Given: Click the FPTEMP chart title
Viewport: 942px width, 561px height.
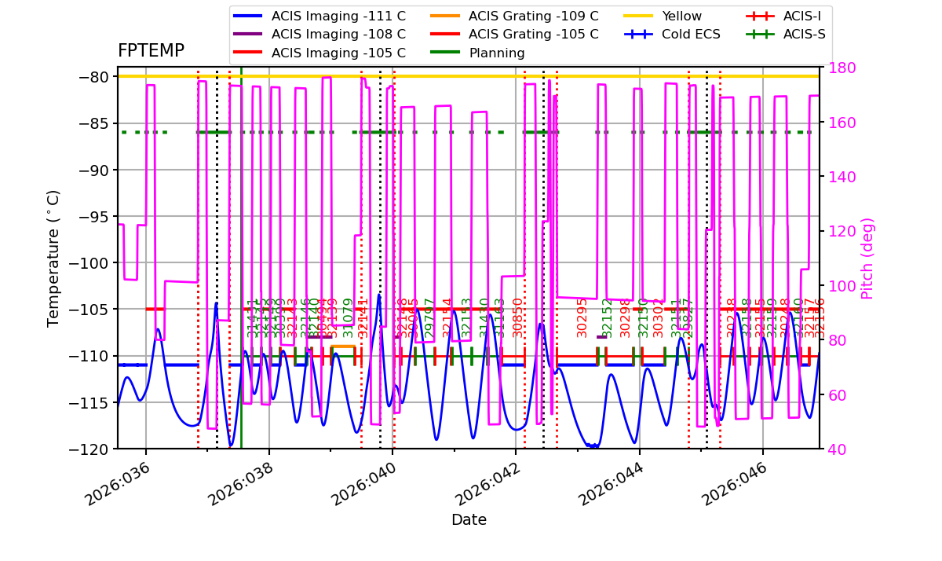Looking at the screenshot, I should (x=151, y=51).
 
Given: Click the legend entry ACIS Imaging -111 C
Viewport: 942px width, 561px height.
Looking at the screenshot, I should (x=338, y=16).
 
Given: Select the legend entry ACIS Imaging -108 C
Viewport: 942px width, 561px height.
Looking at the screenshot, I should (x=338, y=35).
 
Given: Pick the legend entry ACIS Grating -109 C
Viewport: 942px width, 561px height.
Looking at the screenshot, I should (x=533, y=16).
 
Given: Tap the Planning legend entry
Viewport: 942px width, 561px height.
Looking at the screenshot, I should (x=496, y=53).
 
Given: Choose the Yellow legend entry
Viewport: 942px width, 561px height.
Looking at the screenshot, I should (x=681, y=16).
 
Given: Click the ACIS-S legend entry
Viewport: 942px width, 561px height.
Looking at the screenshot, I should (x=802, y=35).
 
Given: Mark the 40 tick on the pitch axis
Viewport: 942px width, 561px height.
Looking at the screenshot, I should (x=833, y=449).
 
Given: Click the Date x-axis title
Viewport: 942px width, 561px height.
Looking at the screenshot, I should (x=469, y=520).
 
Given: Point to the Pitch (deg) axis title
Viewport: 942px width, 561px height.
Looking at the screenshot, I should (x=867, y=258).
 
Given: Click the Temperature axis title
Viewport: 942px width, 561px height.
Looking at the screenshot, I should (x=53, y=258).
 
